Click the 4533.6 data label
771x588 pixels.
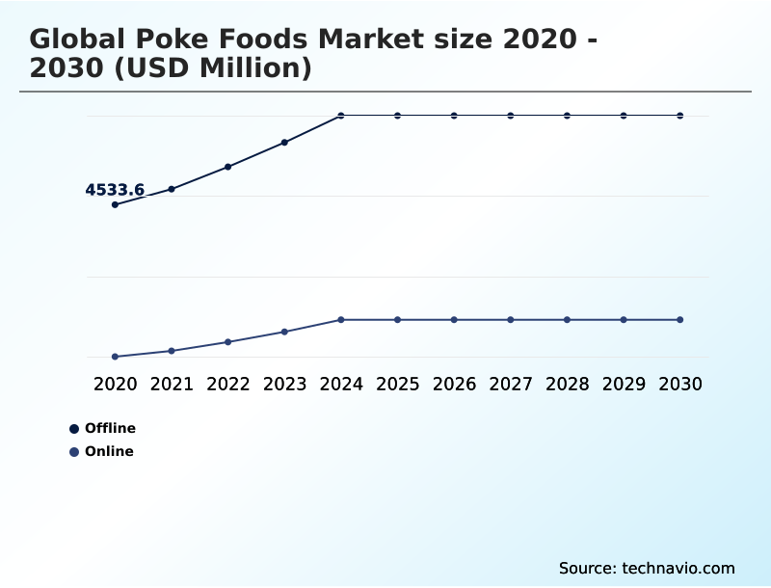115,190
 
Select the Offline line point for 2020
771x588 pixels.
115,204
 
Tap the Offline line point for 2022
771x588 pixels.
228,167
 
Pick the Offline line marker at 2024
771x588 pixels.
341,116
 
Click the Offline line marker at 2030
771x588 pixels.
680,116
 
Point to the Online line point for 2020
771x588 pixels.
115,357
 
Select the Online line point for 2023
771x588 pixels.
284,332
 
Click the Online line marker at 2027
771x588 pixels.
511,319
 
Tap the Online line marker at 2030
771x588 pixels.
680,319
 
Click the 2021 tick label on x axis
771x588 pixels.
172,384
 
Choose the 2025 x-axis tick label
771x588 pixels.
397,384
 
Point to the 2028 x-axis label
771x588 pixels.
567,384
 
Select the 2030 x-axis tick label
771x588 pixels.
680,384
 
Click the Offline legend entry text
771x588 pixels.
110,428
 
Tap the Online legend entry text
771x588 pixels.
109,451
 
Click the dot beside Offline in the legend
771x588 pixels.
74,429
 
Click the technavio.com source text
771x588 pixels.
678,568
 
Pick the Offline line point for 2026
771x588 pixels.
454,116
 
